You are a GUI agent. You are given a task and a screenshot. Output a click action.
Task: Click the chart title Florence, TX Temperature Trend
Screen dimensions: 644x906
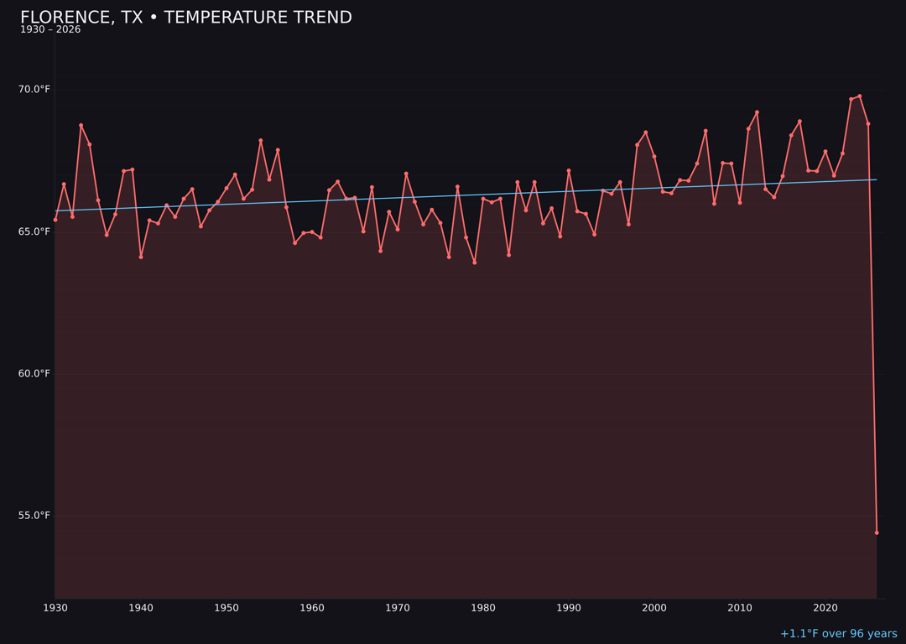185,18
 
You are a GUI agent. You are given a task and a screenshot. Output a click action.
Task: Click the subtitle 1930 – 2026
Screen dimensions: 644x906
50,30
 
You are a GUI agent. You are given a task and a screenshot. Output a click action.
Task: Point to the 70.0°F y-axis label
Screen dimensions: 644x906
34,90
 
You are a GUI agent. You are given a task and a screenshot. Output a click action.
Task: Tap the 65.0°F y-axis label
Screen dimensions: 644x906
34,231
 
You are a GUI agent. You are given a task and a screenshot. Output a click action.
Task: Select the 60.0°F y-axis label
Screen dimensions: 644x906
34,373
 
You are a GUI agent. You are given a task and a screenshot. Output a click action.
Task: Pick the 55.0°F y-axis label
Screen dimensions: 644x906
34,515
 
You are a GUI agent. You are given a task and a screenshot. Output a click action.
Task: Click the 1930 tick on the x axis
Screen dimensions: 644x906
55,608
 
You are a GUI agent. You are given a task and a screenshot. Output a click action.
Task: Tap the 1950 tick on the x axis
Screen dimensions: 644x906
226,608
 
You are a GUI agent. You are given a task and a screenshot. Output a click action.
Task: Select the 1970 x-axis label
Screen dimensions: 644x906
398,608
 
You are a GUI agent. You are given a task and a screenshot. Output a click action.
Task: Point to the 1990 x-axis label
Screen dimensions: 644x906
569,608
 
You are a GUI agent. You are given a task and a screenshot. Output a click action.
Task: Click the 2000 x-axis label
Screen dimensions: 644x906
654,608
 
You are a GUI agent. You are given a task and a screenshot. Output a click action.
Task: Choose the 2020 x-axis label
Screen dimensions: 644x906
825,608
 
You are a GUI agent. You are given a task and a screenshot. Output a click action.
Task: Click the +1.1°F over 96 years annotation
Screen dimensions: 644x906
838,634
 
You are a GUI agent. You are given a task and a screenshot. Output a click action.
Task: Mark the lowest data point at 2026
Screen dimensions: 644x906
877,532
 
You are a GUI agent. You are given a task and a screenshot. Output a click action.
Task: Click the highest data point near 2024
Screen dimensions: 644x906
860,96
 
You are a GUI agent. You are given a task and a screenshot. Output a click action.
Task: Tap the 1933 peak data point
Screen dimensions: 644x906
81,125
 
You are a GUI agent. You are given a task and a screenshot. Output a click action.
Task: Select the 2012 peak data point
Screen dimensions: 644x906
757,112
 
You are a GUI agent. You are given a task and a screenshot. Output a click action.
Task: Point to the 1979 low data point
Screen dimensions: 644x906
475,262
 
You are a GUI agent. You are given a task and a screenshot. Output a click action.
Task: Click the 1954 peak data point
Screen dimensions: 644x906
261,141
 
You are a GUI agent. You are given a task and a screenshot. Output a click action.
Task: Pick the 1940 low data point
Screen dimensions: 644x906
141,257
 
